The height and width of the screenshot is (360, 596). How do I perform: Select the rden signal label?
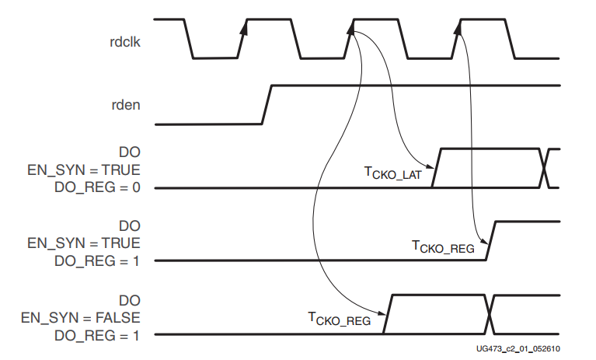pyautogui.click(x=127, y=104)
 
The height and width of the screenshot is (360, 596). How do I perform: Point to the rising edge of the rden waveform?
pyautogui.click(x=267, y=103)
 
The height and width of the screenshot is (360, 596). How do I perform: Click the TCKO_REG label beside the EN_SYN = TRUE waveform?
pyautogui.click(x=442, y=247)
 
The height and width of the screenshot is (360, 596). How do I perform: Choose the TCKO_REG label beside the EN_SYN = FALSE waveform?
pyautogui.click(x=339, y=318)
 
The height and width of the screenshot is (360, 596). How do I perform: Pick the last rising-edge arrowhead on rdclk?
pyautogui.click(x=458, y=28)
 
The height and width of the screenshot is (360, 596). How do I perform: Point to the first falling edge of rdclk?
pyautogui.click(x=189, y=38)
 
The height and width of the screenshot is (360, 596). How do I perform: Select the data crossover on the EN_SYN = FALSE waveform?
pyautogui.click(x=490, y=314)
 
